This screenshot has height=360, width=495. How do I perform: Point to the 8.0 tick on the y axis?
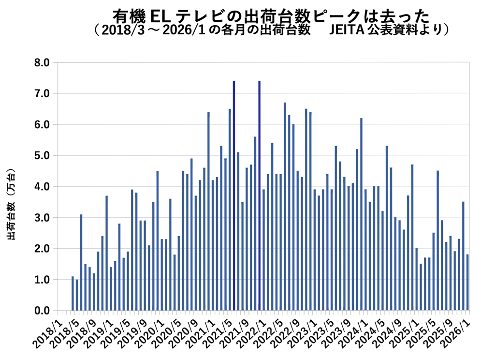[42, 62]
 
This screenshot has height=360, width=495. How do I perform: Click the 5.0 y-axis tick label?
[42, 156]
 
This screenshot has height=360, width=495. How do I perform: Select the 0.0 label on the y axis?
[42, 311]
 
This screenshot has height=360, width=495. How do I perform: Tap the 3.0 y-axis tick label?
[42, 218]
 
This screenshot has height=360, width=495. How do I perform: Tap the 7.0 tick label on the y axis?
[42, 93]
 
